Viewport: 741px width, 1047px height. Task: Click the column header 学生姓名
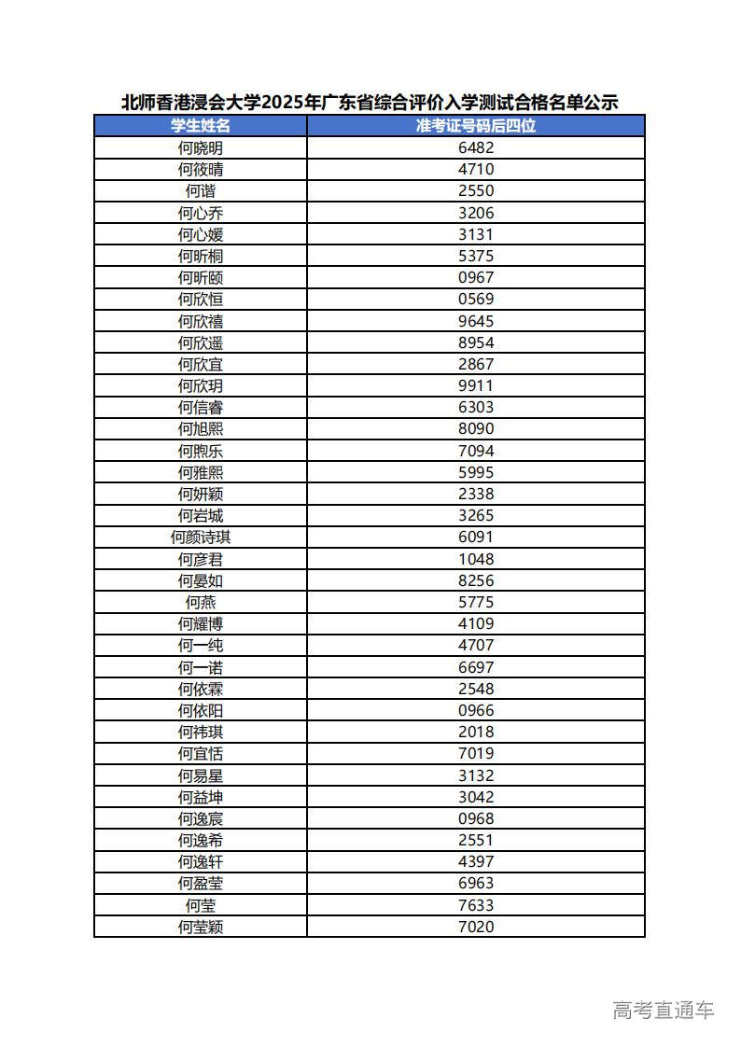point(201,126)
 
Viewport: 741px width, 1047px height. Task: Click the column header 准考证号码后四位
point(476,126)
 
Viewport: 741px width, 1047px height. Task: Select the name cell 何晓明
point(201,147)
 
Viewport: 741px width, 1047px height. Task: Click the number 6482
point(476,147)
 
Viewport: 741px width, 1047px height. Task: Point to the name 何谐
point(201,190)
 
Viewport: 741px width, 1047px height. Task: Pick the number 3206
point(476,213)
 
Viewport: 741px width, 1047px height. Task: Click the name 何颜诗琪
point(201,537)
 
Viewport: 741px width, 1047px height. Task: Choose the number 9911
point(476,385)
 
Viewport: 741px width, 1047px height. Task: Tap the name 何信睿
point(201,407)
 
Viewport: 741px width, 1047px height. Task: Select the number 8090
point(476,428)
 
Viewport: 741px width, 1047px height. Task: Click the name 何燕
point(201,602)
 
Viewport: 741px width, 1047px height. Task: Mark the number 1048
point(476,559)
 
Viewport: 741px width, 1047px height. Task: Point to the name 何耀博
point(201,623)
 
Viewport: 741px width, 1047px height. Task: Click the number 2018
point(476,732)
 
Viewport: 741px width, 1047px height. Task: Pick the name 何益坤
point(201,797)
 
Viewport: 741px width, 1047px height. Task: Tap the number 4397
point(476,861)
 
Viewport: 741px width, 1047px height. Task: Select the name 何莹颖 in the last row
point(201,927)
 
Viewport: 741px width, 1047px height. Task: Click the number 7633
point(476,905)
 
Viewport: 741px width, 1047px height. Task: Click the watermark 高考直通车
point(664,1010)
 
